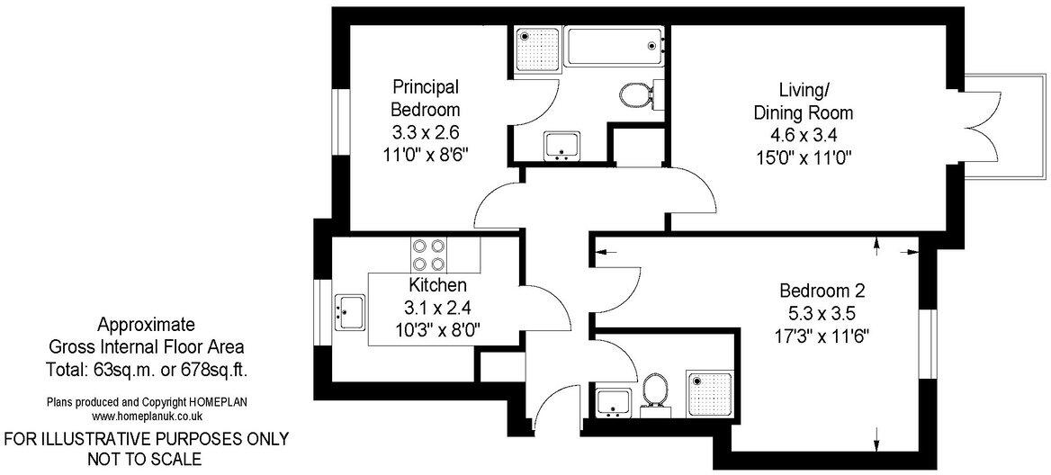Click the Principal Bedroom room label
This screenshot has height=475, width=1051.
tap(426, 98)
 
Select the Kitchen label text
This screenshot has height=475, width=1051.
tap(438, 285)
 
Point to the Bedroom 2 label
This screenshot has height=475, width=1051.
tap(822, 291)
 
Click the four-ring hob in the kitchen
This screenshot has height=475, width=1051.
tap(428, 254)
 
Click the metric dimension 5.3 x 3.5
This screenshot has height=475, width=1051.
tap(822, 315)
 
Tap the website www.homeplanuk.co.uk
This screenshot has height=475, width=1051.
tap(147, 417)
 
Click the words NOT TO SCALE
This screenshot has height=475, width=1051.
tap(147, 459)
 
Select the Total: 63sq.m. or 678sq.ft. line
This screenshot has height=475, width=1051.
tap(147, 369)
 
